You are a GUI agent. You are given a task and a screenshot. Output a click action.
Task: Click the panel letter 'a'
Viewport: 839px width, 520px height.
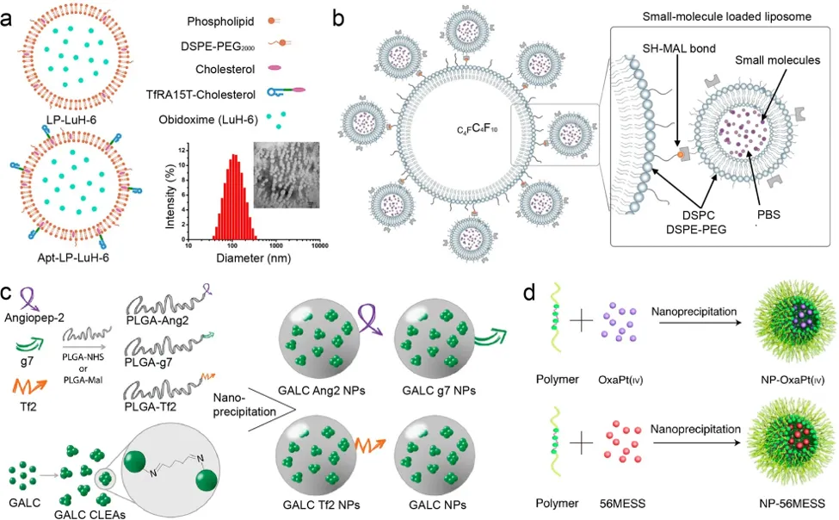point(7,20)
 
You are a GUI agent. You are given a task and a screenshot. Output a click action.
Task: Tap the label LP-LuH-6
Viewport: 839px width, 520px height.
point(71,120)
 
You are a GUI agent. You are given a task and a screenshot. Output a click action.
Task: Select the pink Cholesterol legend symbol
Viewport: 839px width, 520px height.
point(274,68)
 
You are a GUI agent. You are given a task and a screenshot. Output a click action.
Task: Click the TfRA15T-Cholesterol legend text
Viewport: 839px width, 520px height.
point(200,95)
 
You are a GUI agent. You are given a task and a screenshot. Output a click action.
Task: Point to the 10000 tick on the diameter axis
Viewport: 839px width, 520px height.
point(319,245)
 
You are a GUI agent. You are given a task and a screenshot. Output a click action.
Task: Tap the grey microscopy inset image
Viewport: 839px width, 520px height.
point(287,175)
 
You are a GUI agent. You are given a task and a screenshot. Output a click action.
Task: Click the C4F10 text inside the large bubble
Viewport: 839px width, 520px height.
point(478,129)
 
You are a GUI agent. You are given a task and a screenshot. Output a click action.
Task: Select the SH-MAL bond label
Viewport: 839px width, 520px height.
point(679,49)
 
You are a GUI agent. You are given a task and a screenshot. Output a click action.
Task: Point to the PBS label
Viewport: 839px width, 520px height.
point(768,214)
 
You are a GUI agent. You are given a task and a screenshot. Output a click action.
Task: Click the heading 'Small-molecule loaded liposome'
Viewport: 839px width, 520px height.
point(726,16)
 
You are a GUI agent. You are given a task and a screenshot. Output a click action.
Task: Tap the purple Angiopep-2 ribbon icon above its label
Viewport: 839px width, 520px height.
point(28,299)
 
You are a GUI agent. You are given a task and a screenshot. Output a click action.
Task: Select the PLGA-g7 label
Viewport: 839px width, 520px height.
point(148,362)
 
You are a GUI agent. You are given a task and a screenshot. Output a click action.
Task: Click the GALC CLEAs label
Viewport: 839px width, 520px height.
point(89,515)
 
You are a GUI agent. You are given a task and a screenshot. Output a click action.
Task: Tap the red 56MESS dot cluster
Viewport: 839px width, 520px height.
point(622,442)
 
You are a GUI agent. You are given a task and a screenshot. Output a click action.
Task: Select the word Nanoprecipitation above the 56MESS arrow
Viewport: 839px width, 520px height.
point(695,429)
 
